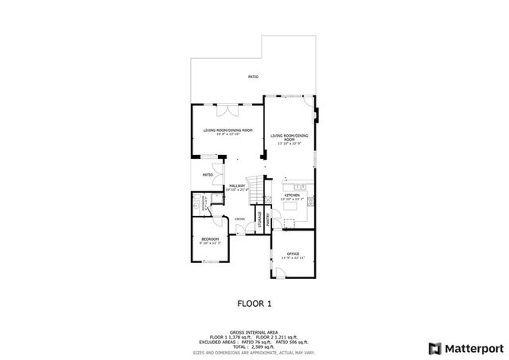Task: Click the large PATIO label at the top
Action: point(253,77)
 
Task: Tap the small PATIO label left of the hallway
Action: point(208,174)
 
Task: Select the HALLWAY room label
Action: point(237,187)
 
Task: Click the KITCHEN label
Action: point(292,195)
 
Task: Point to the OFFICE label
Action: point(293,254)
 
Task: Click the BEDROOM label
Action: point(210,239)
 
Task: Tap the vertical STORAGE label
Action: point(259,221)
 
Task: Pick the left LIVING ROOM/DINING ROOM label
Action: point(227,130)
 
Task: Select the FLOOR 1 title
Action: point(254,303)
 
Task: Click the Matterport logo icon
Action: point(433,347)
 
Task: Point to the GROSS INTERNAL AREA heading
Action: point(254,332)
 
